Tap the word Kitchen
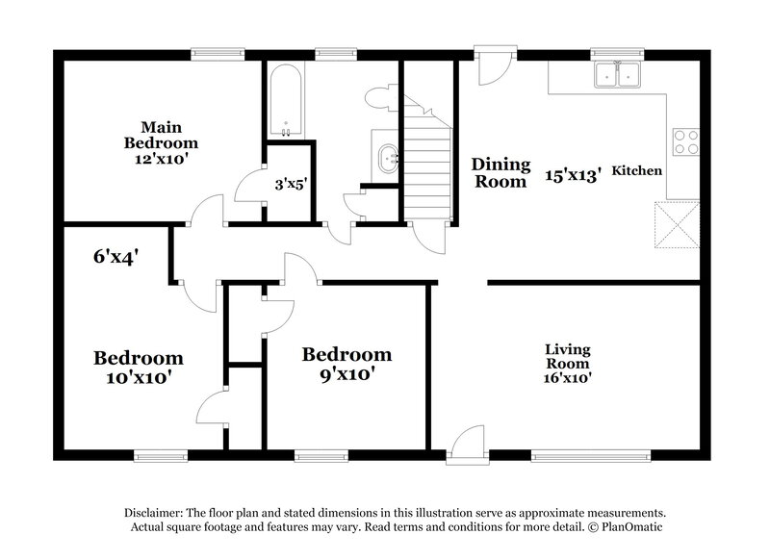(x=637, y=170)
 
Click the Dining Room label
(x=499, y=172)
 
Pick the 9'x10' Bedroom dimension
(x=346, y=374)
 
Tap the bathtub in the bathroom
(x=285, y=102)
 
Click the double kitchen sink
(x=617, y=74)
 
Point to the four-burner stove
(x=685, y=142)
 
